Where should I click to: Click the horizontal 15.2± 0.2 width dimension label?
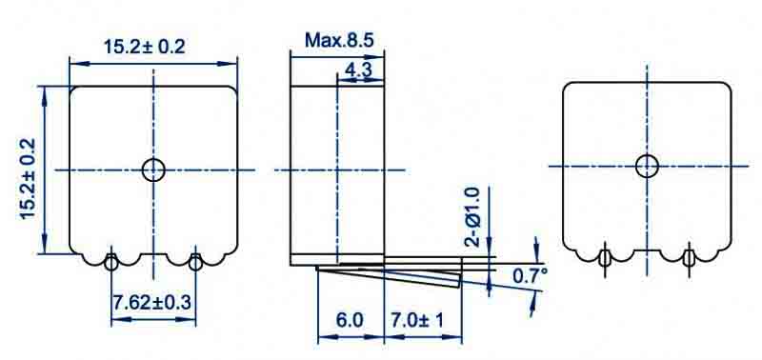coord(145,47)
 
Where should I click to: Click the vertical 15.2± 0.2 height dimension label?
coord(29,179)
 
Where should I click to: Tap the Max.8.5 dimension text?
coord(339,40)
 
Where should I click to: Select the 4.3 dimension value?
coord(358,70)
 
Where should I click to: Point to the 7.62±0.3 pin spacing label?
coord(152,303)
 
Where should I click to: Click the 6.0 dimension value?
coord(350,321)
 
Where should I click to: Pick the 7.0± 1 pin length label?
coord(417,321)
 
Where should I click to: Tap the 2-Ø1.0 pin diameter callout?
coord(472,216)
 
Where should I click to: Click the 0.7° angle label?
coord(531,276)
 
